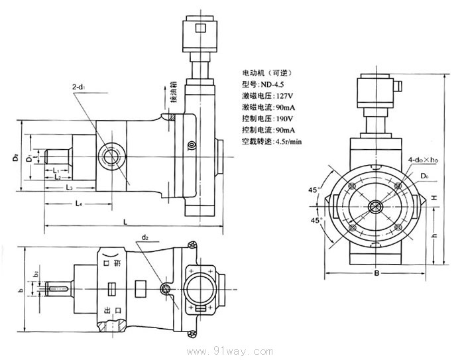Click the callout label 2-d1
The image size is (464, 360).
[x=81, y=86]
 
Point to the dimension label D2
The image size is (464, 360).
[x=15, y=158]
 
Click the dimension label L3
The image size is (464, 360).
[x=70, y=188]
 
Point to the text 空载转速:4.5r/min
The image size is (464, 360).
[x=272, y=141]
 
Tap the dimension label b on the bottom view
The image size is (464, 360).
[x=21, y=290]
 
